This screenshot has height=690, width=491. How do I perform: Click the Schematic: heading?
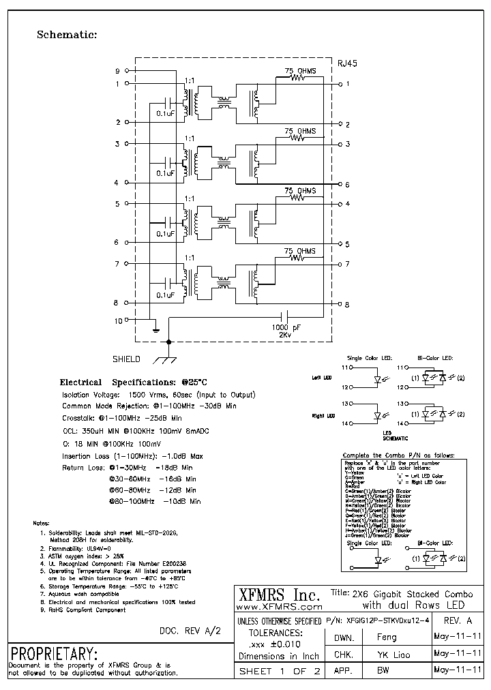tap(67, 35)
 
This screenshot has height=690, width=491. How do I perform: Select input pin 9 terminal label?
tap(117, 71)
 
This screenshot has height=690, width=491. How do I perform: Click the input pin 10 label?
tap(117, 320)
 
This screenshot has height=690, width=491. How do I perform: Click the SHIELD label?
tap(126, 359)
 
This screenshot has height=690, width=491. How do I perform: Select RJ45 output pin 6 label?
tap(347, 185)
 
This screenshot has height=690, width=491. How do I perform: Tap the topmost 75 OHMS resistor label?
tap(299, 70)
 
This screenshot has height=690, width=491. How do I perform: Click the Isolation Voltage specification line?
tap(158, 395)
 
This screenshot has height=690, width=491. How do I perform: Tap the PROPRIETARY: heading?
tap(53, 652)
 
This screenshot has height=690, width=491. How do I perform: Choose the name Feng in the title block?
tap(386, 637)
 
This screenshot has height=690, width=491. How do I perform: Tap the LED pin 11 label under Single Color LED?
tap(345, 367)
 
